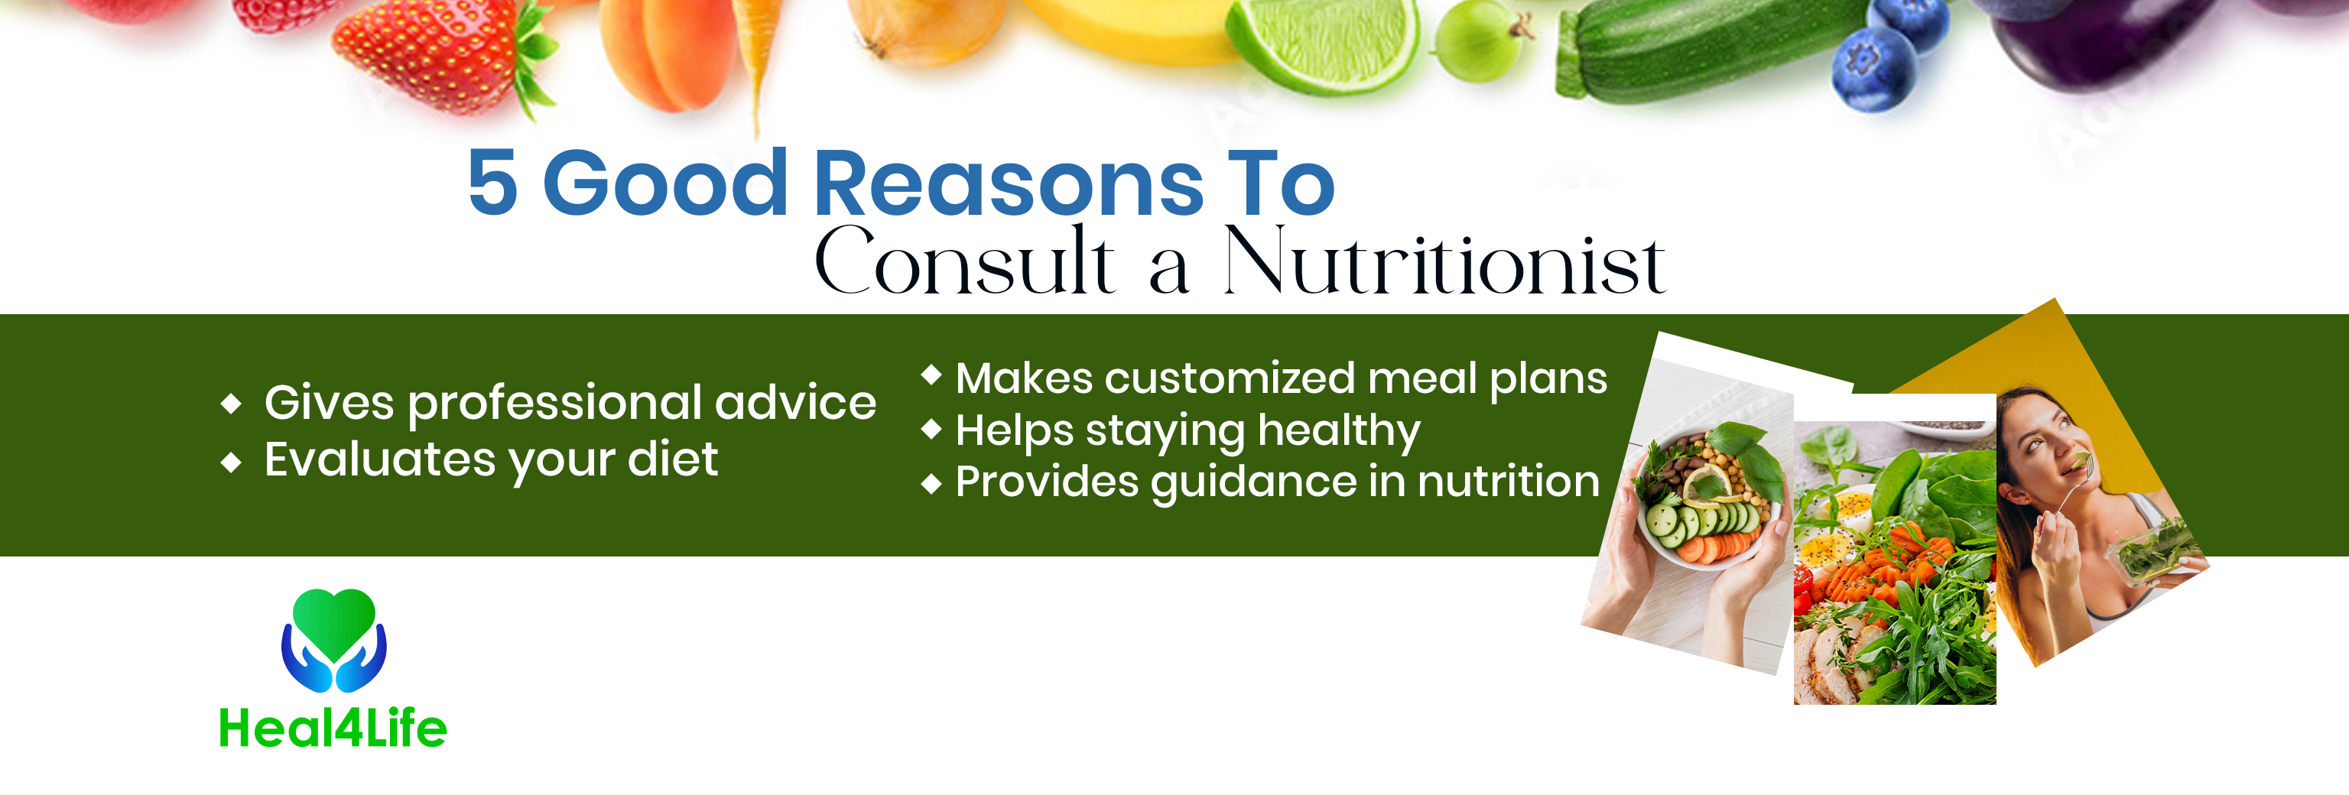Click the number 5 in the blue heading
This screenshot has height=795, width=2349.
pos(493,183)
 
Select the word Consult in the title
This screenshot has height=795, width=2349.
pos(964,261)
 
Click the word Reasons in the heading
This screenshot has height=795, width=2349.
pos(1009,183)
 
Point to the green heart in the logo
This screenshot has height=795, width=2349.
pos(333,624)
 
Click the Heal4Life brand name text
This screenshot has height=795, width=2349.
pos(333,728)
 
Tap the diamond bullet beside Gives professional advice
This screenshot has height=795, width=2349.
pos(232,403)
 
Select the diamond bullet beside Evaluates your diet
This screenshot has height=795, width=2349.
pos(232,462)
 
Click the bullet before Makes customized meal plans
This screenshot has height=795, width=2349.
pos(931,375)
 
